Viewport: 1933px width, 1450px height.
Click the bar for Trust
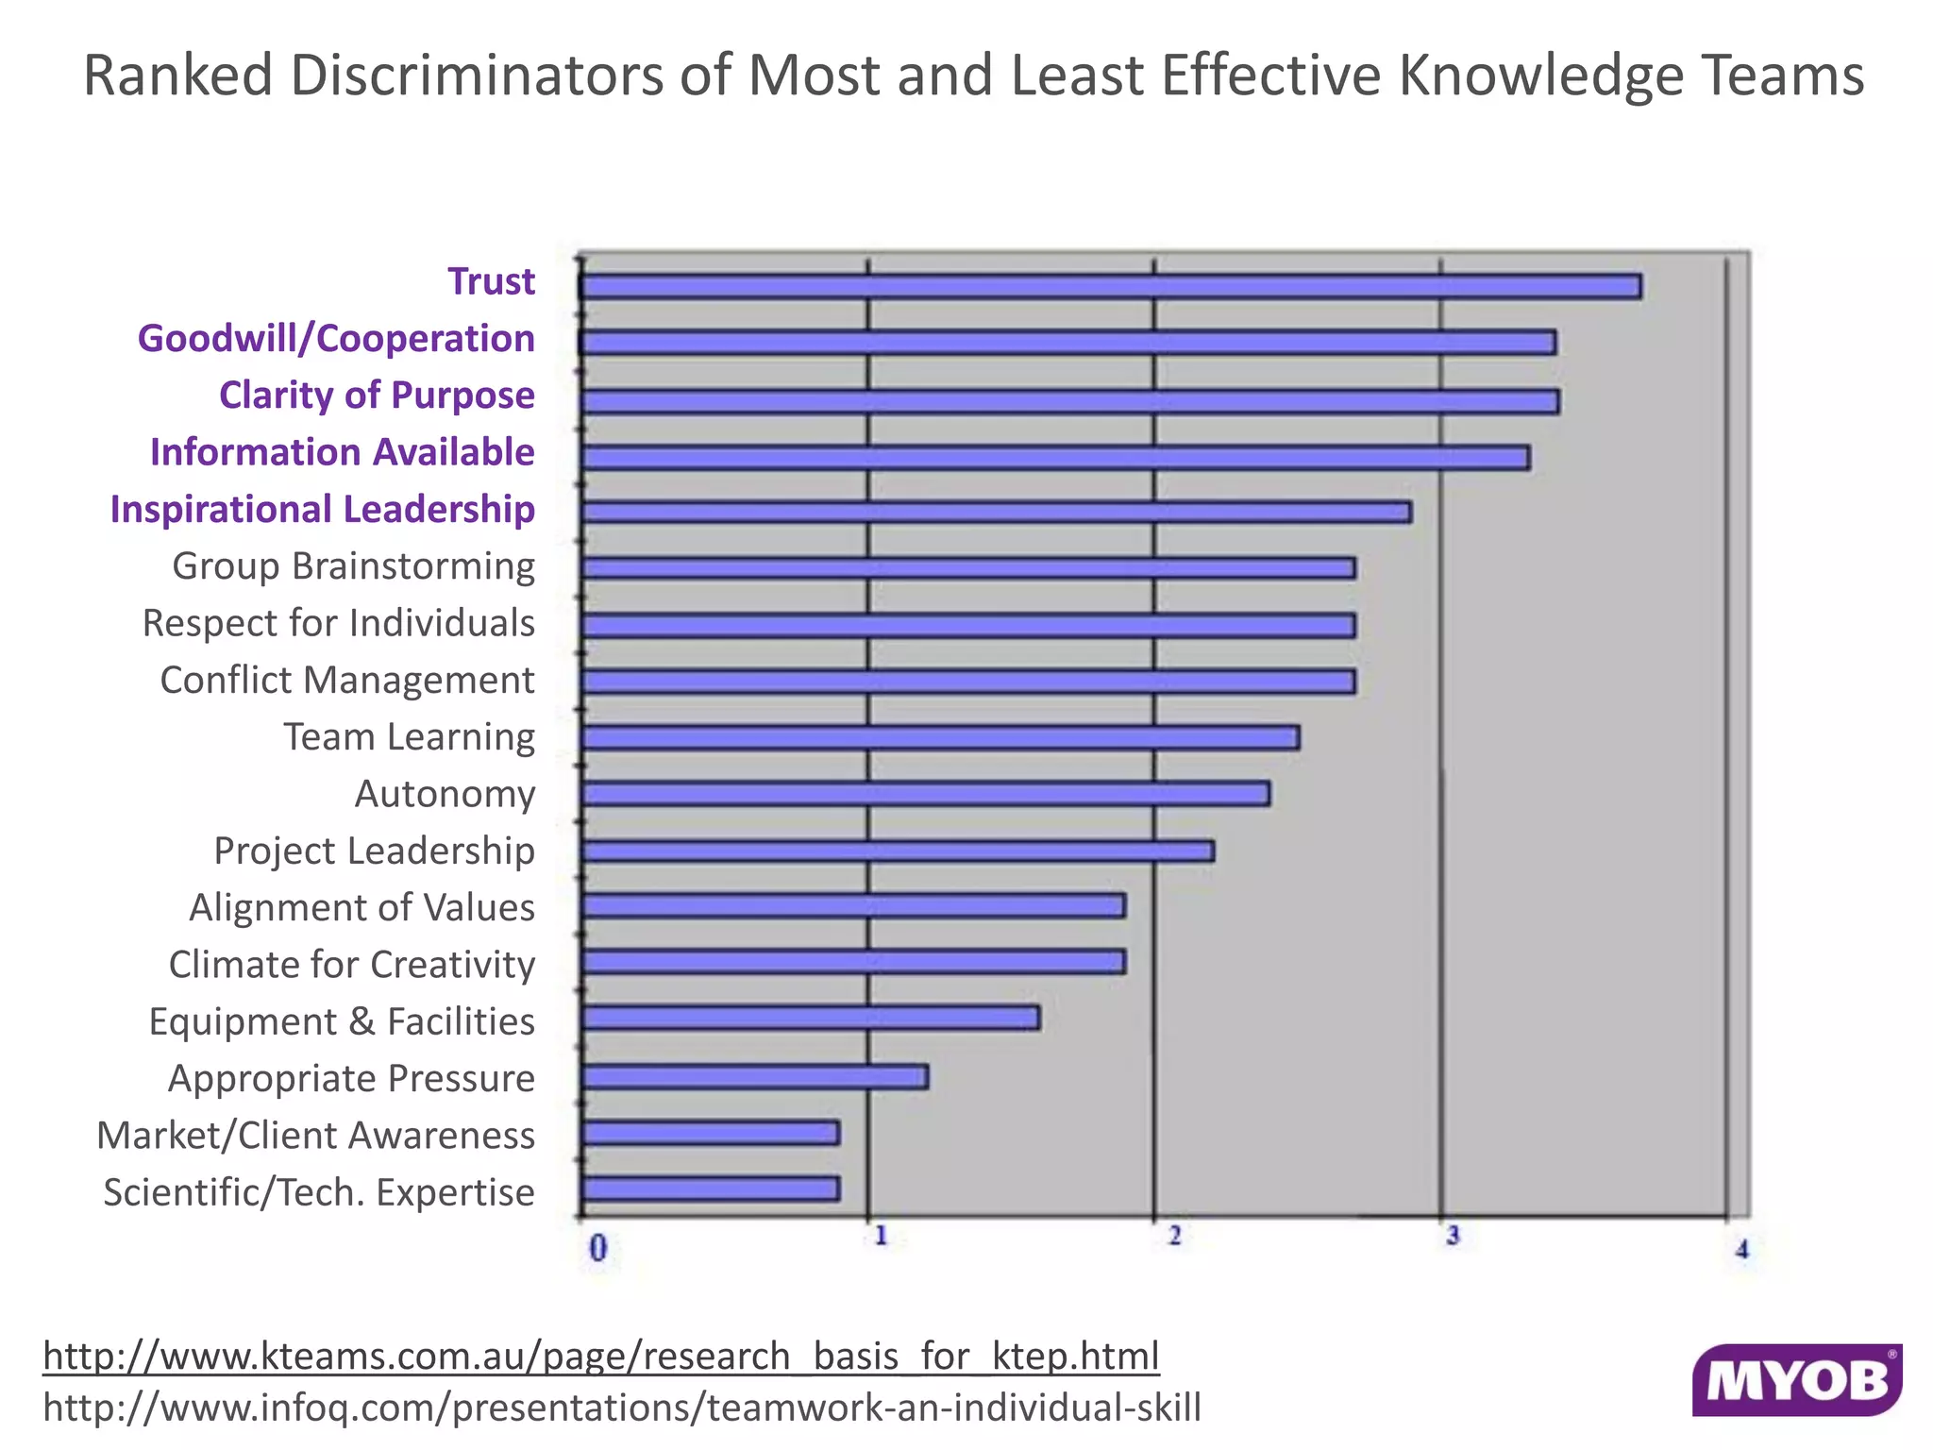(1111, 286)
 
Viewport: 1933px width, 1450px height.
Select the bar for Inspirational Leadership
(996, 512)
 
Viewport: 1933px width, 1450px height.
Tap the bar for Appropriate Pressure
(755, 1077)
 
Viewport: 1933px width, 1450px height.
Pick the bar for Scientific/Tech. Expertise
(711, 1189)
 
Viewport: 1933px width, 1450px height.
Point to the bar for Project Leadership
(898, 851)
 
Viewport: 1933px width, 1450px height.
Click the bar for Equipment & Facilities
(811, 1019)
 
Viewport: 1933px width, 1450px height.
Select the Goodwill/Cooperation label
(336, 338)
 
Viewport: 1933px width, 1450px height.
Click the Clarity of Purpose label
(377, 395)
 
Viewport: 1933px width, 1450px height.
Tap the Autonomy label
(445, 794)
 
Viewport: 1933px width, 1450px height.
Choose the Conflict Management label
(346, 680)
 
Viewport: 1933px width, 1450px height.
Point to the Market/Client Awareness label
(315, 1135)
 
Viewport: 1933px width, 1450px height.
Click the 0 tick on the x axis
(597, 1249)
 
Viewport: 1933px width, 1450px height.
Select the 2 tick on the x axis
(1174, 1236)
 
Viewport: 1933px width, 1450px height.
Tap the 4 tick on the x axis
(1741, 1250)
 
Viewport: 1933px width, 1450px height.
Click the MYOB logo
(1796, 1380)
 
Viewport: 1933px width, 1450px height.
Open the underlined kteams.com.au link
(601, 1356)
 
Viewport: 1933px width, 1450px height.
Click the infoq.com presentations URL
(622, 1408)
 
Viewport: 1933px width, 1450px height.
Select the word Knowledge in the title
(1540, 76)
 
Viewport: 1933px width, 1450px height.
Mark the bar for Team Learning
(940, 737)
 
